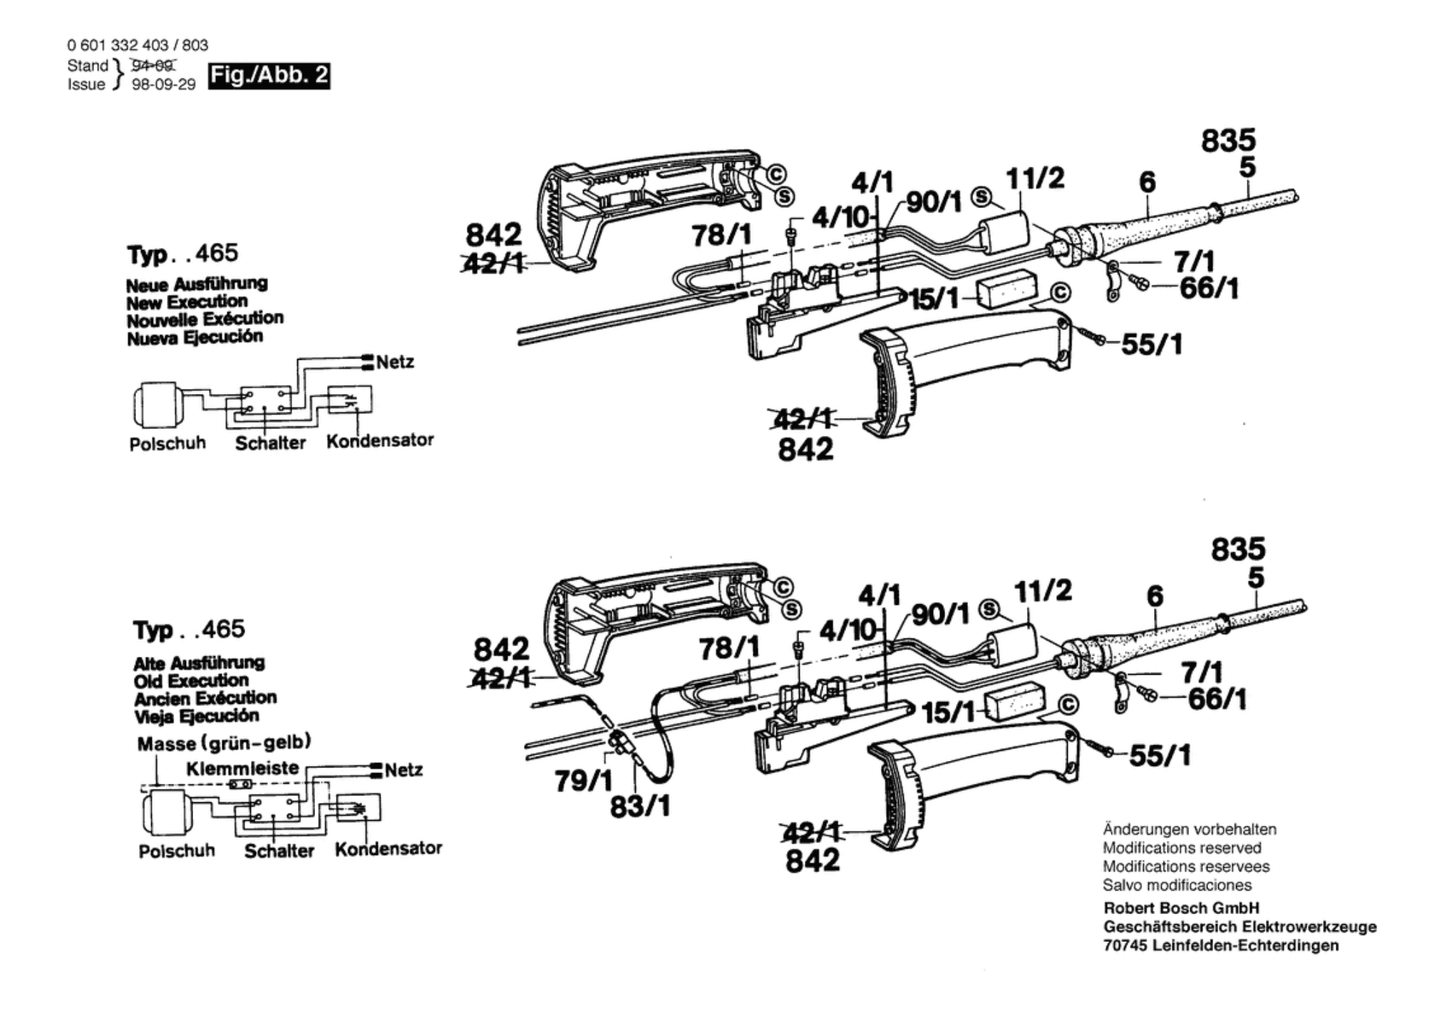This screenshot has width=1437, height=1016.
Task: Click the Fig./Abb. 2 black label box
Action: point(269,76)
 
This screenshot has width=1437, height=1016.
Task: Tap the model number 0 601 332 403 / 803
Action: point(138,46)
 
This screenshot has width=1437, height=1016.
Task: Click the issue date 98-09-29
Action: point(164,85)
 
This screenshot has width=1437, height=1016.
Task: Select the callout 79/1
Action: point(583,781)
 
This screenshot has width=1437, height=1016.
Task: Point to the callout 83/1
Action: point(640,806)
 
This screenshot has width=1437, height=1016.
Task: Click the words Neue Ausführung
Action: point(197,284)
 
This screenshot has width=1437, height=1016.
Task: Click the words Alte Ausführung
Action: point(199,663)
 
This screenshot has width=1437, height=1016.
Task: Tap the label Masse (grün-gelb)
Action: point(225,743)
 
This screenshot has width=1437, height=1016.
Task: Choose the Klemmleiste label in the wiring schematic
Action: point(242,768)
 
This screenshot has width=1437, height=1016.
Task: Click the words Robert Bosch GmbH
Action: point(1181,908)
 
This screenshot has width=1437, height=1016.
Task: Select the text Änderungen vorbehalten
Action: point(1190,829)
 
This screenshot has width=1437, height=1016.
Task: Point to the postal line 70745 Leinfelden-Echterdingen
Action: point(1221,945)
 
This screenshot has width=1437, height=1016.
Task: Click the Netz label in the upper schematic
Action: point(395,362)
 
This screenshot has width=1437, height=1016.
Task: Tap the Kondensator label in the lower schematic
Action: point(388,849)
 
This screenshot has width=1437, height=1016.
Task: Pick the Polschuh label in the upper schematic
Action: point(168,443)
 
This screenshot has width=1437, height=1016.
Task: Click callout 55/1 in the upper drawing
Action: point(1152,345)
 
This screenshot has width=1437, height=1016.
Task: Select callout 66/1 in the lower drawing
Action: point(1217,699)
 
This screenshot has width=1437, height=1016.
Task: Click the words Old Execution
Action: point(191,680)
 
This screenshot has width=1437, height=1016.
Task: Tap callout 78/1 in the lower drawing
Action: point(729,648)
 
